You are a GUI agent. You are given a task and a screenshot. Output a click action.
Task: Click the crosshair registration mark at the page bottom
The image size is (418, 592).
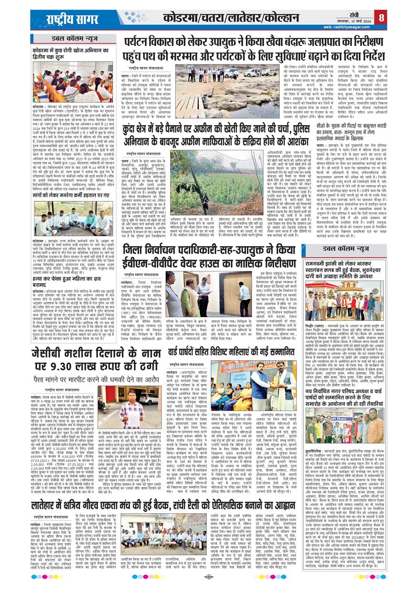(209, 577)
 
